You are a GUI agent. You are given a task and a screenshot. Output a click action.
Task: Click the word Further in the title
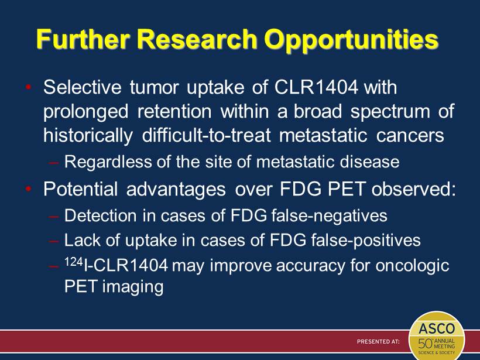tap(83, 39)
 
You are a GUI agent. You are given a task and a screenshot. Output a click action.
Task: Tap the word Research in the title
tap(197, 39)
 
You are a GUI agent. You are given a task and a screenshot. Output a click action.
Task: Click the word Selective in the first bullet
tap(83, 87)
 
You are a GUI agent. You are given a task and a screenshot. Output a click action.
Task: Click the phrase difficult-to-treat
tap(206, 135)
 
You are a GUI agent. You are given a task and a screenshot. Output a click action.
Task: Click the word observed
tap(414, 189)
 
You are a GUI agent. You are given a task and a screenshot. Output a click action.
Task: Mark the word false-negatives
tap(329, 215)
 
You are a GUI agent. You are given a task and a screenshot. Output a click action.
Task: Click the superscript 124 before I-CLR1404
tap(74, 262)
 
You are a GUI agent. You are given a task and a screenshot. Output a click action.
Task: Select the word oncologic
tap(412, 266)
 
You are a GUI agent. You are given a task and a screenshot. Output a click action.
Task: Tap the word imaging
tap(133, 287)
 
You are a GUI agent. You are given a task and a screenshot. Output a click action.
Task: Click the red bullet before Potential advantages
tap(29, 189)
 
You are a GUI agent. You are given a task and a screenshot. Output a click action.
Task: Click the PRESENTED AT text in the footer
tap(378, 341)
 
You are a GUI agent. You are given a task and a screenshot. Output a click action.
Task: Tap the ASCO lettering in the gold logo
tap(437, 329)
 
